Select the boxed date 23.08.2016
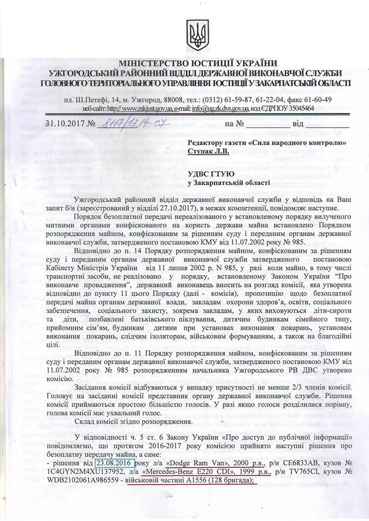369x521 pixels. pos(115,463)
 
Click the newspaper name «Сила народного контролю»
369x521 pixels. pos(298,143)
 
